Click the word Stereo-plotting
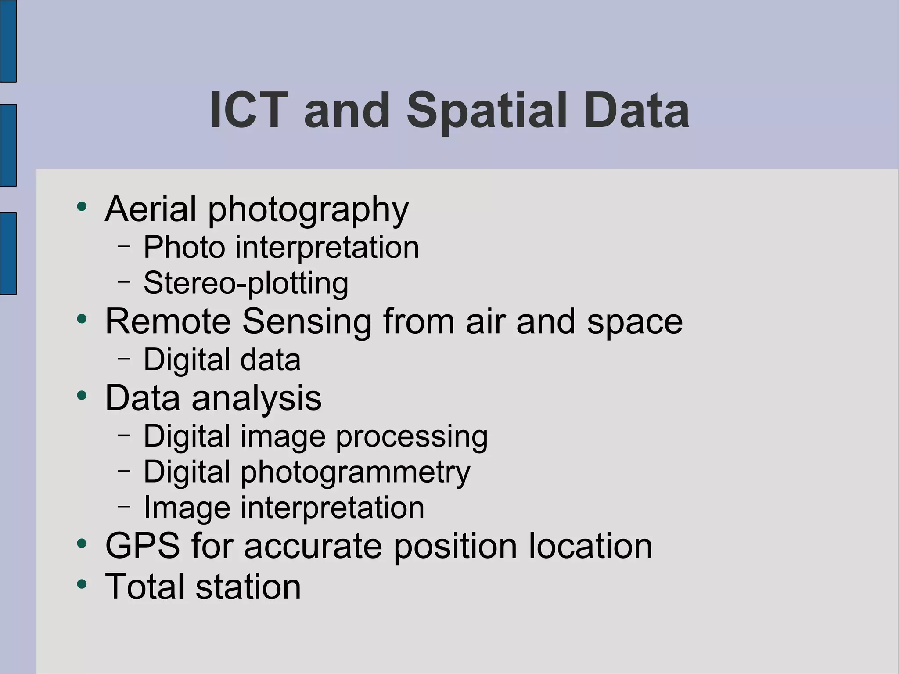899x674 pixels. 246,284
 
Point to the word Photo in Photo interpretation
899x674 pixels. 184,247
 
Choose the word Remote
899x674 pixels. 168,321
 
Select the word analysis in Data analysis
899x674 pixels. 256,399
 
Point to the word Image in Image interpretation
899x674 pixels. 187,508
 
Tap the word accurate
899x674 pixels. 313,547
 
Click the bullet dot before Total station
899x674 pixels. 82,584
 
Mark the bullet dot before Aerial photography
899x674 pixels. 82,206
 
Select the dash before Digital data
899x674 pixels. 124,358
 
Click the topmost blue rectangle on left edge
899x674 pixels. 8,40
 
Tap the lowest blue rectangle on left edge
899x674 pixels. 8,253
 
